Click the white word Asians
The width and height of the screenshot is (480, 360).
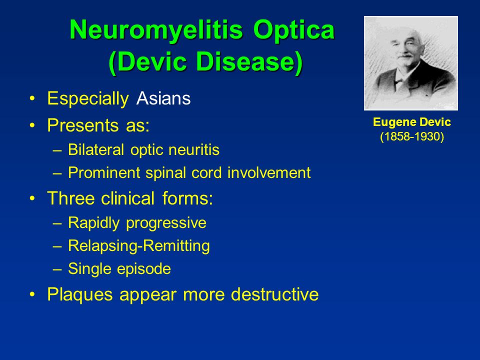click(163, 98)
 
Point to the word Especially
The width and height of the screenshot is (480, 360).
click(88, 99)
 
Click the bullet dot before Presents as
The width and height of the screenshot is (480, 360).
click(32, 125)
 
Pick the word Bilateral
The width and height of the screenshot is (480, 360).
click(96, 149)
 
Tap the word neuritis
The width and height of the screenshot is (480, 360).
click(194, 149)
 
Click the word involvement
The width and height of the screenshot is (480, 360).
click(269, 172)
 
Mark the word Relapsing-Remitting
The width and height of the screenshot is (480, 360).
click(139, 246)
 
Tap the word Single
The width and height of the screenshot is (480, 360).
click(88, 269)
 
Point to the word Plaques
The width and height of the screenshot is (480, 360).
click(80, 295)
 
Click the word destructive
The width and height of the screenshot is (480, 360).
click(275, 294)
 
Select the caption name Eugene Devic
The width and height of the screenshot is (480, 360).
click(411, 122)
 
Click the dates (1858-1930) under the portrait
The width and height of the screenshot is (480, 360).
click(411, 136)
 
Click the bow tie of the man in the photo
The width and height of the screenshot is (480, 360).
click(399, 81)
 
